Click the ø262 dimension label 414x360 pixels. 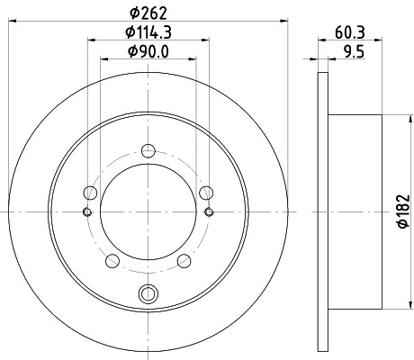pyautogui.click(x=148, y=12)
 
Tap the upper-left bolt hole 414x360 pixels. pyautogui.click(x=89, y=191)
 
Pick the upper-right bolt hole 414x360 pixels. pyautogui.click(x=207, y=191)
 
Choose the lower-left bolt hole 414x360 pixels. pyautogui.click(x=112, y=261)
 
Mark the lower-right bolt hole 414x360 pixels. pyautogui.click(x=184, y=261)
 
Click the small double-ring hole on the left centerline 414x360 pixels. pyautogui.click(x=87, y=211)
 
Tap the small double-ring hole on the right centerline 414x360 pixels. pyautogui.click(x=210, y=211)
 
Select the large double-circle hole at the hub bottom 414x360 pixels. pyautogui.click(x=148, y=292)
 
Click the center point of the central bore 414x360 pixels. pyautogui.click(x=148, y=211)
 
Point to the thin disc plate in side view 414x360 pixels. pyautogui.click(x=324, y=211)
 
